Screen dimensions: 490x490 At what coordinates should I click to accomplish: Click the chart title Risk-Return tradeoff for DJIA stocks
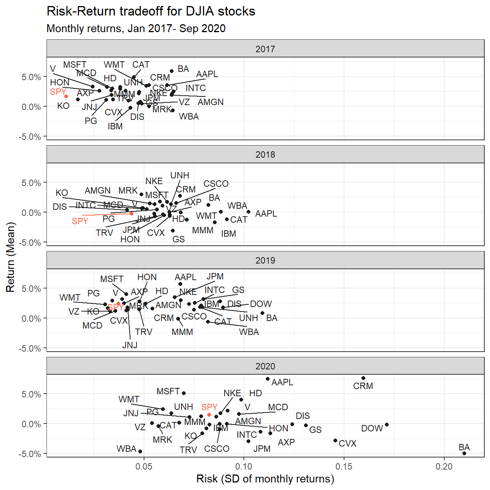[x=151, y=11]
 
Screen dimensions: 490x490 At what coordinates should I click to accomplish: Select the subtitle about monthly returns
[x=136, y=29]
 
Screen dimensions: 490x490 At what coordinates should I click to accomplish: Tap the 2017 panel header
[x=265, y=49]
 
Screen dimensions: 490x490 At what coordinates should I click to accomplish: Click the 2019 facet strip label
[x=265, y=261]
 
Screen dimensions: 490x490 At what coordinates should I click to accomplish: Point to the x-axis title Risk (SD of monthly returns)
[x=265, y=479]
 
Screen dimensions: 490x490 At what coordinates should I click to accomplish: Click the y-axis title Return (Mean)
[x=11, y=257]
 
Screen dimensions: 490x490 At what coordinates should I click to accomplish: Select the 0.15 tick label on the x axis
[x=344, y=467]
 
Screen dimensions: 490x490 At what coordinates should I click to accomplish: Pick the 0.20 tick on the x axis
[x=443, y=467]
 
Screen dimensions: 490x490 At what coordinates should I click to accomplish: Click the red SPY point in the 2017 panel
[x=66, y=96]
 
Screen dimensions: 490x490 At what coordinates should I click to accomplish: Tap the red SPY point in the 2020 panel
[x=209, y=415]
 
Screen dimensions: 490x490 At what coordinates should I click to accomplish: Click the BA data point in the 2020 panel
[x=464, y=453]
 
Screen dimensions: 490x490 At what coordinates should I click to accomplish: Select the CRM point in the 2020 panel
[x=363, y=378]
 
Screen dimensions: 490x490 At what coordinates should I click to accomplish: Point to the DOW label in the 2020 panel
[x=372, y=428]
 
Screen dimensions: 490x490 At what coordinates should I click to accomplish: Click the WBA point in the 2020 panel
[x=140, y=451]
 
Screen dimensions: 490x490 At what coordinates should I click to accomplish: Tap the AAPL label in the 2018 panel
[x=266, y=214]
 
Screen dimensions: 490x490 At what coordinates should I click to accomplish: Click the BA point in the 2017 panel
[x=172, y=71]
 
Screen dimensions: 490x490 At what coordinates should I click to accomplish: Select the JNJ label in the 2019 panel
[x=130, y=345]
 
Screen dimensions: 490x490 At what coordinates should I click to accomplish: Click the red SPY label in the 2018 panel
[x=80, y=221]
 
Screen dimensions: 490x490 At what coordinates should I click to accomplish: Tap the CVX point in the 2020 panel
[x=335, y=440]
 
